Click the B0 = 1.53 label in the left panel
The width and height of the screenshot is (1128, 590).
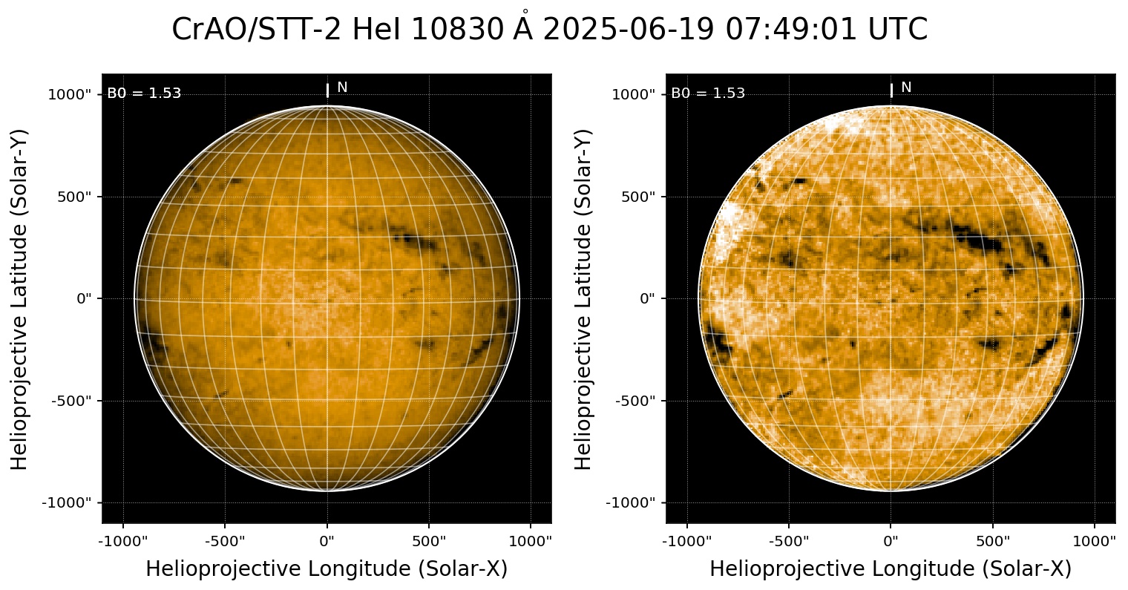[x=144, y=94]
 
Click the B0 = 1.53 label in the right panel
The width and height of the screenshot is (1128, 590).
[x=708, y=94]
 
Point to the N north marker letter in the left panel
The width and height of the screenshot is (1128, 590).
[x=342, y=88]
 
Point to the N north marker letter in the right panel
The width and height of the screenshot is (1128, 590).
[x=906, y=88]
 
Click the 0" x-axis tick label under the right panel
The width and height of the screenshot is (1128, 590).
[x=891, y=540]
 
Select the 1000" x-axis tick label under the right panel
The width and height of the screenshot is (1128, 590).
[x=1095, y=540]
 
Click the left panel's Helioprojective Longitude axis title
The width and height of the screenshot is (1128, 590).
[x=327, y=569]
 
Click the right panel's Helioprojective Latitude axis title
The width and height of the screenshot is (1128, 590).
[x=585, y=298]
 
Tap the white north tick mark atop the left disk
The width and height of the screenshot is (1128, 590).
[x=327, y=90]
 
